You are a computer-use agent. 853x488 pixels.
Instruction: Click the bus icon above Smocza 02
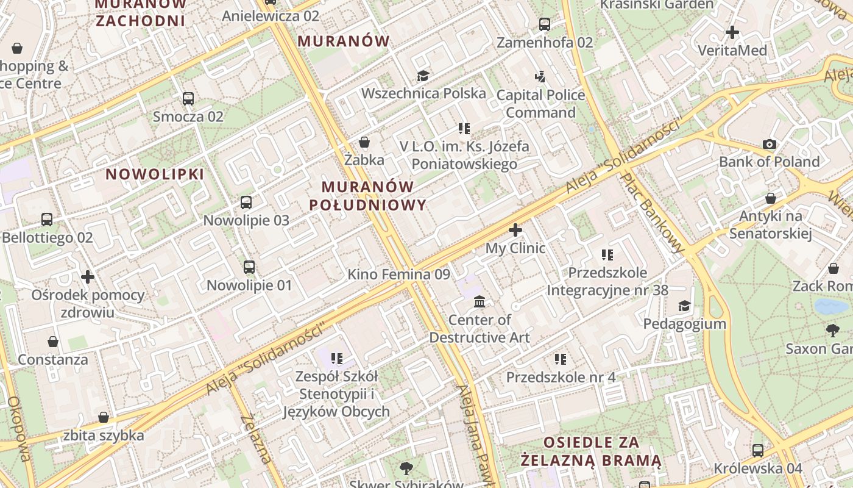point(188,98)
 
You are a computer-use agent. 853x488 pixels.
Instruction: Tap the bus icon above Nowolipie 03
point(246,202)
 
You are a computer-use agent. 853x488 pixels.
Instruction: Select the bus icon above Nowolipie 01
point(249,267)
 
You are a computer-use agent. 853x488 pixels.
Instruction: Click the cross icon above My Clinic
point(515,230)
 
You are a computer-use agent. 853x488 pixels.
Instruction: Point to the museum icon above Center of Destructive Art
point(480,301)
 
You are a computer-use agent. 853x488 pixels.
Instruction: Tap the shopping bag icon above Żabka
point(364,142)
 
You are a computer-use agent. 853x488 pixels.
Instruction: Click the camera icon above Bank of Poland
point(770,144)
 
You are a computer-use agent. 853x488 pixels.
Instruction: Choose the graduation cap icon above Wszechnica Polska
point(423,76)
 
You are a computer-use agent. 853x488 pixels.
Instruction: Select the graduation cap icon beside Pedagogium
point(685,306)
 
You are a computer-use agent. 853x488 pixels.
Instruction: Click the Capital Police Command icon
point(540,77)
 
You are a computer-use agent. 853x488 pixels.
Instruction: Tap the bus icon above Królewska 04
point(758,451)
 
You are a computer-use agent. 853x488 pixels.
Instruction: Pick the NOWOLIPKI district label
point(155,174)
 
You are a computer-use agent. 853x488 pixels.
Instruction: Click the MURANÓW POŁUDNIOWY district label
point(367,195)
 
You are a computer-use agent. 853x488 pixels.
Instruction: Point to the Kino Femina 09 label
point(398,274)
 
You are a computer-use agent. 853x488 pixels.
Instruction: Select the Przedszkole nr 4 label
point(561,377)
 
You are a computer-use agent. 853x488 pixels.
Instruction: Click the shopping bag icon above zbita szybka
point(104,417)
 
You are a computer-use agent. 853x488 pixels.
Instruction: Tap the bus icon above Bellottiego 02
point(47,220)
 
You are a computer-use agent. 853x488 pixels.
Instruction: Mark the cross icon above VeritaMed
point(732,32)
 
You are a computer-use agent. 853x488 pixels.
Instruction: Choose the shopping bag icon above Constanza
point(53,342)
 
